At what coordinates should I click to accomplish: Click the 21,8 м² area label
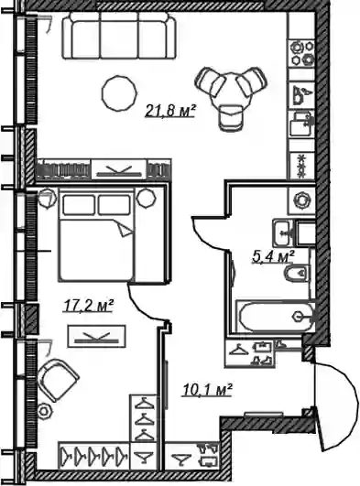click(169, 112)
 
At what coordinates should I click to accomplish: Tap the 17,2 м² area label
click(88, 306)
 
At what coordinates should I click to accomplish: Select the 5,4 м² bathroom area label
click(273, 257)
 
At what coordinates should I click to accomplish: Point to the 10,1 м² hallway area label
click(207, 390)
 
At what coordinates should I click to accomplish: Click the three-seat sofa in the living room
click(119, 36)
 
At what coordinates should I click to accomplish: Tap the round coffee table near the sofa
click(119, 93)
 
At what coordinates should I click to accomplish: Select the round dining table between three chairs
click(231, 91)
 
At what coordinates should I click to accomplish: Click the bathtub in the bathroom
click(275, 316)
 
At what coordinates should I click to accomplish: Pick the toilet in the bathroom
click(298, 274)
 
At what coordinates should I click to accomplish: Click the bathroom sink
click(282, 232)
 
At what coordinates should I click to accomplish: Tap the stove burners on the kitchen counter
click(302, 53)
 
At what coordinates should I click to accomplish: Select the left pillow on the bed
click(79, 205)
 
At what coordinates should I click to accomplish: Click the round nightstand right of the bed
click(147, 198)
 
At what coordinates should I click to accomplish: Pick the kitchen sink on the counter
click(301, 124)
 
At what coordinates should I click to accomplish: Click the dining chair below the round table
click(230, 118)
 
